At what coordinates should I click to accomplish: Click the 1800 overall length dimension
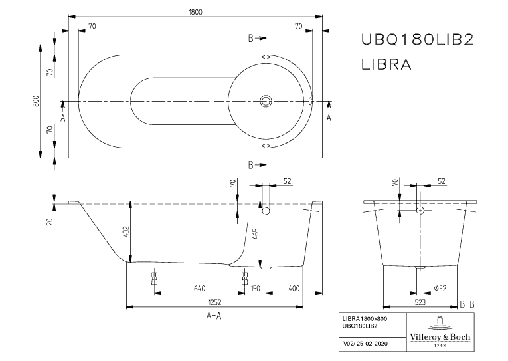[x=195, y=11]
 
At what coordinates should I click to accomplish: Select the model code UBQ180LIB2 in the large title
[x=416, y=40]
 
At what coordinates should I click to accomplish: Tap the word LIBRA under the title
[x=386, y=64]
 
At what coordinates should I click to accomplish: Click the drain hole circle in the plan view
[x=266, y=102]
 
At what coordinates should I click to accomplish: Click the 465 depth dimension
[x=255, y=235]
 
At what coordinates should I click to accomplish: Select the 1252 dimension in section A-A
[x=215, y=301]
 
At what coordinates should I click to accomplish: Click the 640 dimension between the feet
[x=199, y=288]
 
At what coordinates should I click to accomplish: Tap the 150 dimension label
[x=256, y=288]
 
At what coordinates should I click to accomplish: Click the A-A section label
[x=214, y=316]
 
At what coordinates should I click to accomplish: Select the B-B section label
[x=467, y=305]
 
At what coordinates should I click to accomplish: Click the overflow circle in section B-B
[x=420, y=211]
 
